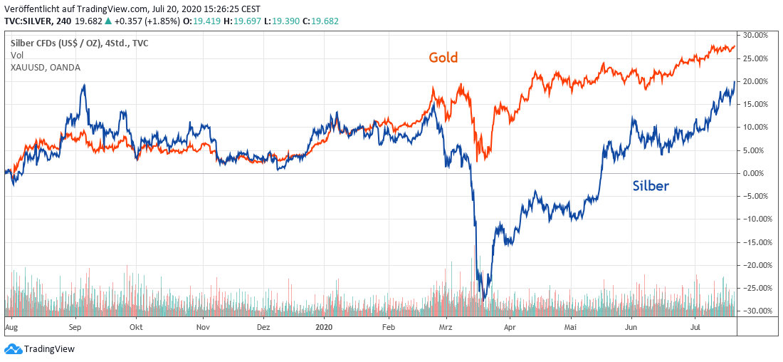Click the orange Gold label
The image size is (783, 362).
pyautogui.click(x=442, y=58)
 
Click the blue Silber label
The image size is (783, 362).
pyautogui.click(x=651, y=187)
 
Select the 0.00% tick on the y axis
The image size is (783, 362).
pyautogui.click(x=755, y=173)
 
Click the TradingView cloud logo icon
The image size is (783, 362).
pyautogui.click(x=13, y=348)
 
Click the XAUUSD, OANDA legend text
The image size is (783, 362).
pyautogui.click(x=46, y=67)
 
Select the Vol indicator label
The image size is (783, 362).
pyautogui.click(x=17, y=55)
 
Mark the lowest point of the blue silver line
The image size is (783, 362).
pyautogui.click(x=483, y=300)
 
